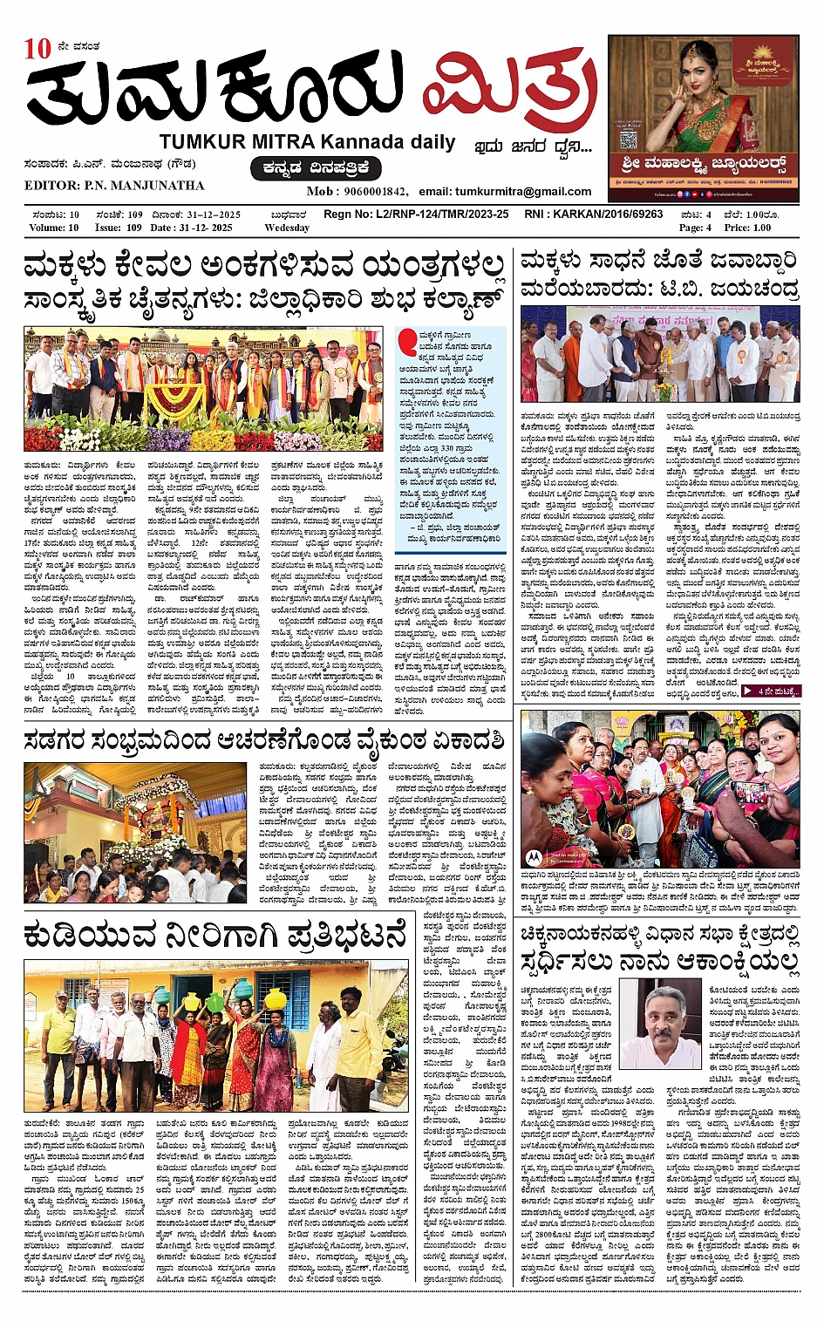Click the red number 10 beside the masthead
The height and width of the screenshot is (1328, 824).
38,49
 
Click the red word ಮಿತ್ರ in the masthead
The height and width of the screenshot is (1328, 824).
510,93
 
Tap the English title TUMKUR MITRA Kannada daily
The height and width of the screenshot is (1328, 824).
307,142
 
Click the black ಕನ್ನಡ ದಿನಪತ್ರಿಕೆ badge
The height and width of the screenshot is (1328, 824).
316,168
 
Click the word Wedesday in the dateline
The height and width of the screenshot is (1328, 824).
286,228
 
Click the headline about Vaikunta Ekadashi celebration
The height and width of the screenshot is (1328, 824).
263,740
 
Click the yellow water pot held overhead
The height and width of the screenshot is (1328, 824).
276,998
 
